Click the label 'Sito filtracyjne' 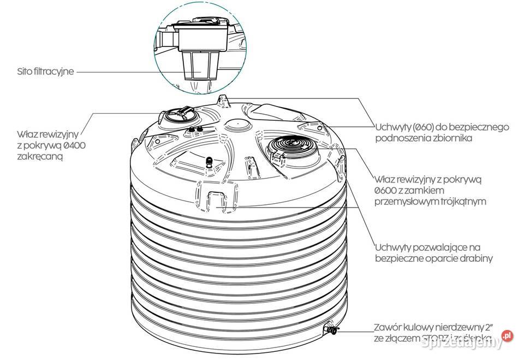45,72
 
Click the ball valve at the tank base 330,328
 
